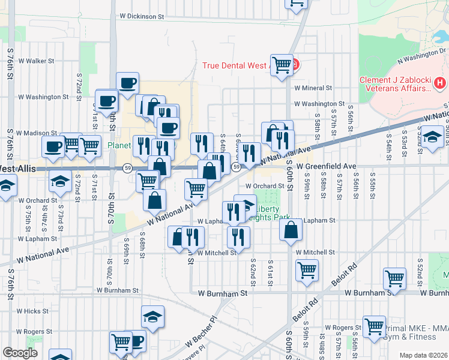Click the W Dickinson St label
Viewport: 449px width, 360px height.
point(142,17)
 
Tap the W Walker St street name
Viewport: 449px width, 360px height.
point(36,61)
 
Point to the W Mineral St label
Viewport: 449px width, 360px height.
point(313,87)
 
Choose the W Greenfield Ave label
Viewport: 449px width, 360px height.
point(331,166)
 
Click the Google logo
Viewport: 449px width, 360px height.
point(20,353)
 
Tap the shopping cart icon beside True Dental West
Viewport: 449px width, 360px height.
point(281,63)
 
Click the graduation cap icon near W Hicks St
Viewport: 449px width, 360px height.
point(152,317)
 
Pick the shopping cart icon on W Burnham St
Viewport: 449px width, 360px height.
point(394,277)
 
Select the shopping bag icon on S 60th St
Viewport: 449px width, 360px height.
point(291,230)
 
